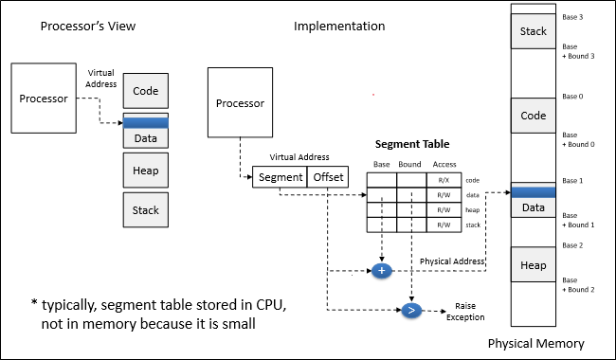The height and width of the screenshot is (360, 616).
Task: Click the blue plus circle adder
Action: pos(382,271)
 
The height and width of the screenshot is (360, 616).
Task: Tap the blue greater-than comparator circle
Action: pos(411,311)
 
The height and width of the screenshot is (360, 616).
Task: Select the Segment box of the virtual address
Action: pos(280,177)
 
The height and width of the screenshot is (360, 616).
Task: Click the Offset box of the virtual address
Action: pos(328,177)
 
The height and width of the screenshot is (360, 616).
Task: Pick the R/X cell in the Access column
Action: pos(444,180)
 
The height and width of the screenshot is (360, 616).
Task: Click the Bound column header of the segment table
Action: pos(409,164)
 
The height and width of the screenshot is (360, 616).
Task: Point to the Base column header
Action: pos(382,164)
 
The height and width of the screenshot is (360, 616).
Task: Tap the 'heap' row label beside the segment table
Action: pos(473,210)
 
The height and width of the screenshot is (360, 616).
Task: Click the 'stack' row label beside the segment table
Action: pos(473,225)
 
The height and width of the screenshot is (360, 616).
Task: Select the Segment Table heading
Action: pos(412,144)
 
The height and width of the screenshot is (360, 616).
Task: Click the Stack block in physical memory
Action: pos(534,31)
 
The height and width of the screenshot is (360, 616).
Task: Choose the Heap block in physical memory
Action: pos(534,265)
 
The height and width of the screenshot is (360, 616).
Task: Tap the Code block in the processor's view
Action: pos(146,91)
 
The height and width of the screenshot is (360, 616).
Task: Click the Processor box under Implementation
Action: pos(240,102)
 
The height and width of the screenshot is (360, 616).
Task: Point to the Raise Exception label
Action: pos(465,312)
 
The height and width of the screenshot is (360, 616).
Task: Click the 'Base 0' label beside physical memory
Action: pos(572,97)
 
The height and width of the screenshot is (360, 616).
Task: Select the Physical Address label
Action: pos(452,261)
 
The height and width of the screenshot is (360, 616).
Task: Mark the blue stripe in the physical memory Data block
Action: pos(534,192)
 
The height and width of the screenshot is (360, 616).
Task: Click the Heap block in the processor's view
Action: pos(146,171)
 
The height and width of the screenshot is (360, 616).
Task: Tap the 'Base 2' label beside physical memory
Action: pos(572,245)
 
